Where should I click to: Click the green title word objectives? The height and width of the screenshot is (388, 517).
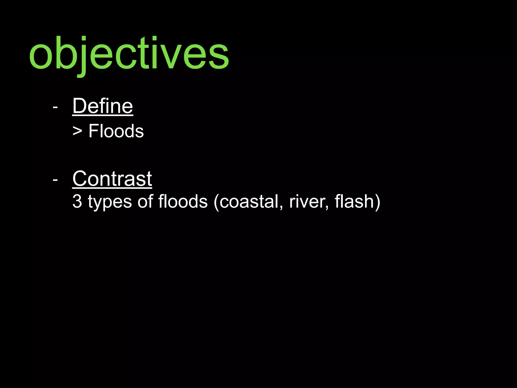[129, 54]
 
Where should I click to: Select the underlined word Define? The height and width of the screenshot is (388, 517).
[102, 106]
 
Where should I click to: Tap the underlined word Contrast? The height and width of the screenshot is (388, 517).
[112, 179]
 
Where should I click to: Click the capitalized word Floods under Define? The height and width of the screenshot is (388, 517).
[116, 131]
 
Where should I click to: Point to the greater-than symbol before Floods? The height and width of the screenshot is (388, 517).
[77, 132]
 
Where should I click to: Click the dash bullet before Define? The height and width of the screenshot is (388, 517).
[55, 107]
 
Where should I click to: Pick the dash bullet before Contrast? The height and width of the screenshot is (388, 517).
[55, 180]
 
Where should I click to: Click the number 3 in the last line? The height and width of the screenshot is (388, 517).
[77, 202]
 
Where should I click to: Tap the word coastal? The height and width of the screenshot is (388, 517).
[249, 202]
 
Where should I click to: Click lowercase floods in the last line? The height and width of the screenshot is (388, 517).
[183, 201]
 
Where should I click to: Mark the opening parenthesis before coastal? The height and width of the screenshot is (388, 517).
[216, 202]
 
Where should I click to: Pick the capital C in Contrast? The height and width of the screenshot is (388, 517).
[81, 179]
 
